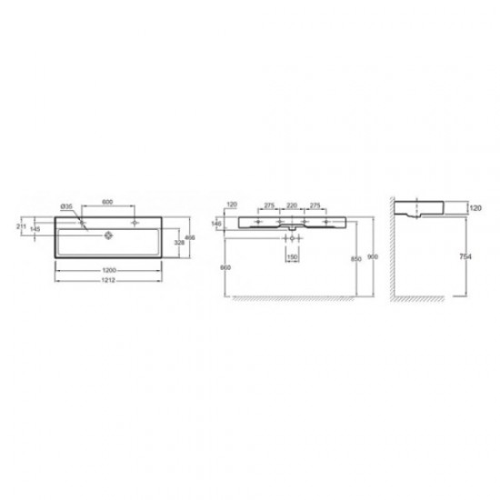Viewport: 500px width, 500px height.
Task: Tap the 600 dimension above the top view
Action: [106, 201]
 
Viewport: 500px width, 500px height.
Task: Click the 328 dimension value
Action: [179, 244]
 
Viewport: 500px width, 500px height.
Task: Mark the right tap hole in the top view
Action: [134, 222]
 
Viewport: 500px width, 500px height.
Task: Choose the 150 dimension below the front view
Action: [293, 257]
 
